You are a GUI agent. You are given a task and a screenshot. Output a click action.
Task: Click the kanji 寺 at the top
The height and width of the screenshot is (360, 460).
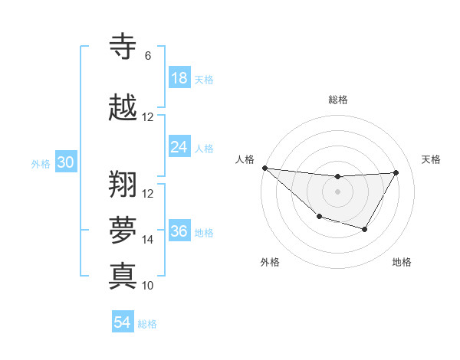(123, 46)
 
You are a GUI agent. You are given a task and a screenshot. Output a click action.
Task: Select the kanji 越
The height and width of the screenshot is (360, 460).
(123, 106)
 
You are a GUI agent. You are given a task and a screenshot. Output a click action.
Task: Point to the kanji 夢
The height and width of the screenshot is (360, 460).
(123, 229)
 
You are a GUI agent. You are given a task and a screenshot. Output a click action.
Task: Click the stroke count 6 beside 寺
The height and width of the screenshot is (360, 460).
(147, 56)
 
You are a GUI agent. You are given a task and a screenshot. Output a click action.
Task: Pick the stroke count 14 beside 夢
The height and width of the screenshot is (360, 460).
(148, 240)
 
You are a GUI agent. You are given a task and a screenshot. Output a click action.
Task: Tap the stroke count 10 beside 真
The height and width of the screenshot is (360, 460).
(148, 286)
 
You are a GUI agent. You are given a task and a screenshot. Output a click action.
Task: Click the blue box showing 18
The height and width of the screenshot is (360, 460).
(179, 78)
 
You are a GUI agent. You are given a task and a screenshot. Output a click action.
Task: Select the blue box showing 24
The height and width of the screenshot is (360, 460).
(179, 146)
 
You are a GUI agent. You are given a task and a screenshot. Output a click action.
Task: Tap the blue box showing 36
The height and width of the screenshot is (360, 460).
(179, 231)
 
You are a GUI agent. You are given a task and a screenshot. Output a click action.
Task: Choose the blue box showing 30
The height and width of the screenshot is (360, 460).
(65, 162)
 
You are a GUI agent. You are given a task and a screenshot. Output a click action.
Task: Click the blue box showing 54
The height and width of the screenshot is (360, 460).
(123, 322)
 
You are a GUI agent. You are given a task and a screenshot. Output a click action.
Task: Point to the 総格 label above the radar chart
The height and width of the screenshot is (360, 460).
(337, 100)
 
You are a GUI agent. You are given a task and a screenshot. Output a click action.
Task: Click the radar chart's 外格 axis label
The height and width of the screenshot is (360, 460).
(270, 262)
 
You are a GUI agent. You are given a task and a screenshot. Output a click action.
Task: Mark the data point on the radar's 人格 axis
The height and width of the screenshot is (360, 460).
(264, 168)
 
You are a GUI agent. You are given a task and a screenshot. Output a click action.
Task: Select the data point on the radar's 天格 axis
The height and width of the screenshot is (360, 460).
(396, 172)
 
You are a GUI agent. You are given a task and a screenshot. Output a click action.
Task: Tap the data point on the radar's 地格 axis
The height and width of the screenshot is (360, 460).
(365, 229)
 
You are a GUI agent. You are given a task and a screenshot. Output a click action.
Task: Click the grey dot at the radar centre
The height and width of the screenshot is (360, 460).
(337, 191)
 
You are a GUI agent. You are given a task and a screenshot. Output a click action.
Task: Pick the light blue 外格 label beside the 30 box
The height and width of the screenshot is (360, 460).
(41, 163)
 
